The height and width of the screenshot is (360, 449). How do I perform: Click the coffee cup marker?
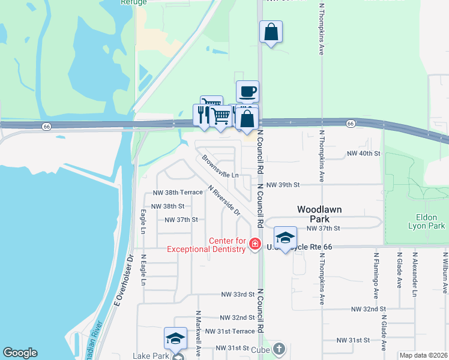(247, 92)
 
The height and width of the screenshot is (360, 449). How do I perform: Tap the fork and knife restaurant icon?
(201, 114)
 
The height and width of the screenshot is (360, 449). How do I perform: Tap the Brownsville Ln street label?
(220, 167)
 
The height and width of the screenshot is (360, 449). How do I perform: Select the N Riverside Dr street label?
(224, 200)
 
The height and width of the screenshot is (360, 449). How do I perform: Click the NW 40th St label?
(364, 154)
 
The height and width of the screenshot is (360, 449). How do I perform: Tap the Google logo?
(20, 353)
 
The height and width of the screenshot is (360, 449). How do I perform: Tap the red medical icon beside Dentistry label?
(255, 244)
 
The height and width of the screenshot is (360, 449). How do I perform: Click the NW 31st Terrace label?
(230, 331)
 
